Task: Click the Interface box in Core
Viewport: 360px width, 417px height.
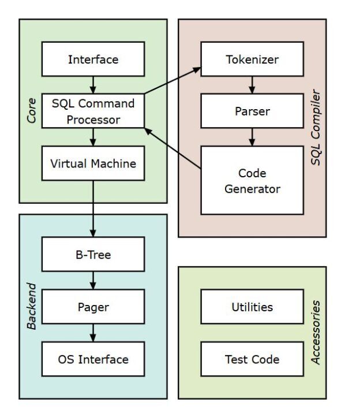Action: (93, 59)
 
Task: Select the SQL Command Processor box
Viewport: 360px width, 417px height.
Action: (93, 111)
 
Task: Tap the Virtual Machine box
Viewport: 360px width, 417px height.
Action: (93, 163)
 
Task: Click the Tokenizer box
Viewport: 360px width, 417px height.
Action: (252, 59)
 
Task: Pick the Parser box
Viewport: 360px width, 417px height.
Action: (252, 110)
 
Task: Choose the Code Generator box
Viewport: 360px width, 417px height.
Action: (252, 180)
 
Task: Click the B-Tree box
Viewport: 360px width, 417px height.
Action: (93, 254)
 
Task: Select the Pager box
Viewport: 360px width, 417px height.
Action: (93, 307)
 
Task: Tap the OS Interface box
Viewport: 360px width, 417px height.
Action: (93, 359)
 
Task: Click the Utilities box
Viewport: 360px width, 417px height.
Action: (252, 307)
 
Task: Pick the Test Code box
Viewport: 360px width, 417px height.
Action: (252, 359)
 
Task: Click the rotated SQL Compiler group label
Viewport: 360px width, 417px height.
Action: (316, 127)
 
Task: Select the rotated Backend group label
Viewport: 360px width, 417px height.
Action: (32, 306)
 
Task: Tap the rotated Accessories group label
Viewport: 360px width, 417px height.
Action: (316, 332)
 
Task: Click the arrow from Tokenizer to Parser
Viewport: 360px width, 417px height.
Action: (252, 85)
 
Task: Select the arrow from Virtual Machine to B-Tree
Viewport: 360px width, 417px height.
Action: (93, 208)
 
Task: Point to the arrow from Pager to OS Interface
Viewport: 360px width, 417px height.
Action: (93, 333)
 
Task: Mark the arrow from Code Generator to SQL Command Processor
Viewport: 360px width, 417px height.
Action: (173, 149)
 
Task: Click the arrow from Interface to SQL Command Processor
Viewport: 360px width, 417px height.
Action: (93, 85)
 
